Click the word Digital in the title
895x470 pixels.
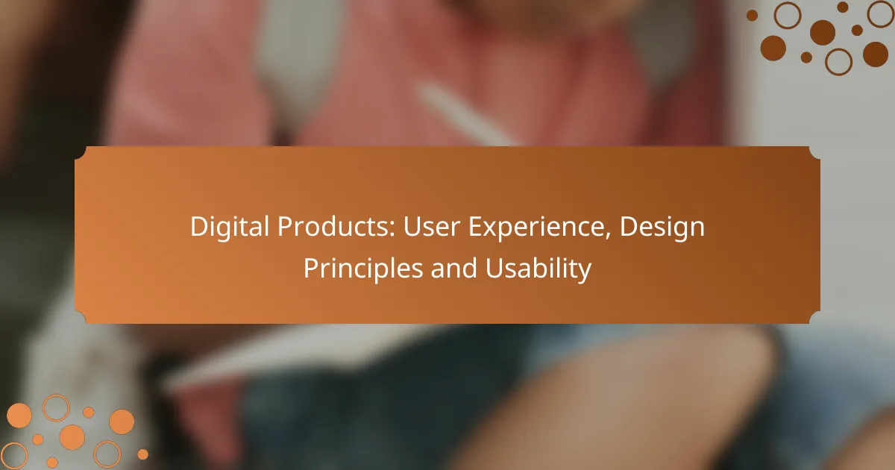(230, 228)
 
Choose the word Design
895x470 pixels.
(662, 228)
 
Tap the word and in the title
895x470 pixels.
(454, 268)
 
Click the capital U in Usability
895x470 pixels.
(494, 268)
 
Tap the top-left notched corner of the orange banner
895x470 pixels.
(81, 154)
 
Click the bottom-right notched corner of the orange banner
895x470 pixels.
(814, 317)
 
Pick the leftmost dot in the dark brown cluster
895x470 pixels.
(752, 16)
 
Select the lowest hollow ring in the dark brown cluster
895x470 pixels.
(838, 62)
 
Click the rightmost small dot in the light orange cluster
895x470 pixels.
(142, 454)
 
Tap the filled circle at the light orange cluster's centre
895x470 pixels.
(72, 437)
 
